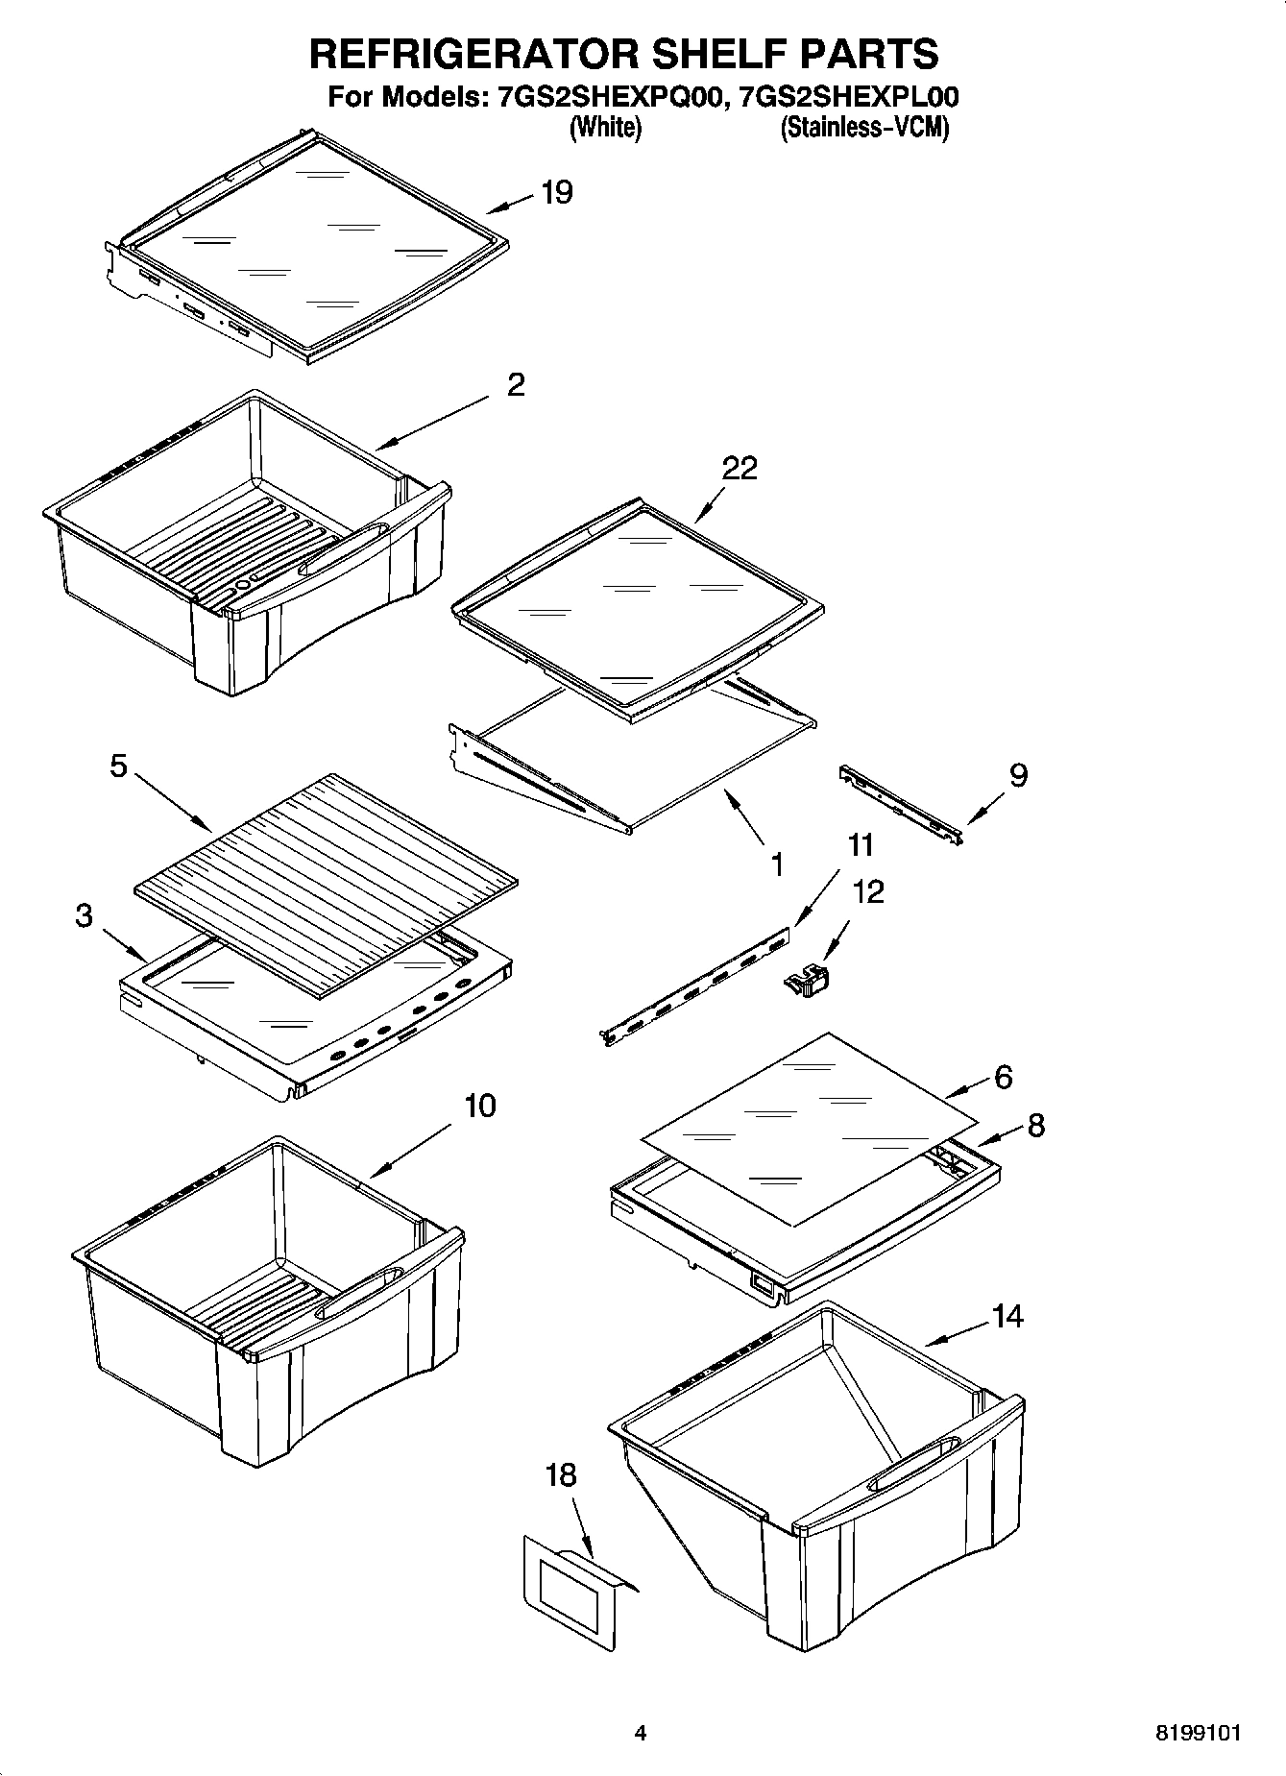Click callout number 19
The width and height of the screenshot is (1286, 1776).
click(x=556, y=192)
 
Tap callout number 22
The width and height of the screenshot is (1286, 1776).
click(x=740, y=468)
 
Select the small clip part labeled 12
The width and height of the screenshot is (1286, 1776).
click(x=807, y=982)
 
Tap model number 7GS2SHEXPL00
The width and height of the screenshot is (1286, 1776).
click(x=844, y=97)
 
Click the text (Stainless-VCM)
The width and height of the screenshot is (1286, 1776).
click(x=864, y=128)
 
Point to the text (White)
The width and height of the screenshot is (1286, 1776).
click(x=605, y=128)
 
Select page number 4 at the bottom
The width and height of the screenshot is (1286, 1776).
click(x=641, y=1734)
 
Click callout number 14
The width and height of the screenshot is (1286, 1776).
click(x=1007, y=1315)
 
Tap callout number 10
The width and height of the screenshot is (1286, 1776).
click(x=480, y=1106)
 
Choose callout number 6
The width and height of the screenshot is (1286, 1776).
click(x=1003, y=1077)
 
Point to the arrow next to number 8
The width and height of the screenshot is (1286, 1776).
click(x=999, y=1136)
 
